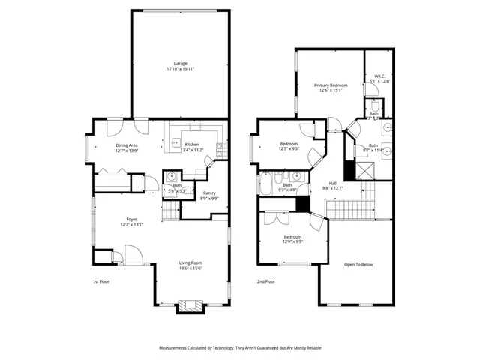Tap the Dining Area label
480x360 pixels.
126,148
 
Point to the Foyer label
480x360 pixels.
127,221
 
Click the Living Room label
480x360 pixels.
190,265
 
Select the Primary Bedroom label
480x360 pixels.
330,88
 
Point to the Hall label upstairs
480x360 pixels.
331,186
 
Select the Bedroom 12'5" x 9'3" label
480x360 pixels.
289,146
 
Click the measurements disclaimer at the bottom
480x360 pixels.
239,348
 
